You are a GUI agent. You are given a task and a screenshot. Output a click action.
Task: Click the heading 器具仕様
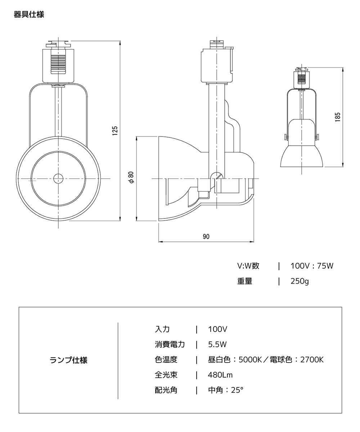coord(29,15)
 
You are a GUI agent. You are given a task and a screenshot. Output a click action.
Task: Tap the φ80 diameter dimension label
coord(132,177)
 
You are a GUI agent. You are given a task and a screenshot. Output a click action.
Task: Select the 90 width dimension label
coord(206,237)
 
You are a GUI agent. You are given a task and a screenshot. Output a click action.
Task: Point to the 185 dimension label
coord(337,117)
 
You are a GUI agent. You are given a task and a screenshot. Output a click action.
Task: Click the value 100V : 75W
coord(312,266)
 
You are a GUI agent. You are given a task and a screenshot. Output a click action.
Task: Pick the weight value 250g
coord(300,281)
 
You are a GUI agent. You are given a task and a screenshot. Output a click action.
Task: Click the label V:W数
coord(248,266)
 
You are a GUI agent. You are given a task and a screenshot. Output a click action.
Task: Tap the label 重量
coord(244,281)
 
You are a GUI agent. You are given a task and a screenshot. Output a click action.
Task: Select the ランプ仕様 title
coord(68,360)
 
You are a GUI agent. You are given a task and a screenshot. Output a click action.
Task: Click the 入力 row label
coord(162,329)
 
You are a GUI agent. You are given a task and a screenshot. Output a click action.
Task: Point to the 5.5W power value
coord(217,345)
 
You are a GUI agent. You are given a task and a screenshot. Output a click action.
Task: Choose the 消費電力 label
coord(170,345)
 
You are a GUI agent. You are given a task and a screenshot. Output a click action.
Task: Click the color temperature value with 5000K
coord(266,360)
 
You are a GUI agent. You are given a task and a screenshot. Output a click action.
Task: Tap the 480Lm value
coord(220,375)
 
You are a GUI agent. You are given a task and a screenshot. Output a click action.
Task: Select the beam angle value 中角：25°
coord(226,390)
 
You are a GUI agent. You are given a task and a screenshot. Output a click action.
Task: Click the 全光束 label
coord(166,375)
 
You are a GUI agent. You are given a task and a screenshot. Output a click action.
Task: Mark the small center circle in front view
coord(58,178)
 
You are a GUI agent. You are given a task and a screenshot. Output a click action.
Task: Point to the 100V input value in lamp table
coord(217,329)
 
